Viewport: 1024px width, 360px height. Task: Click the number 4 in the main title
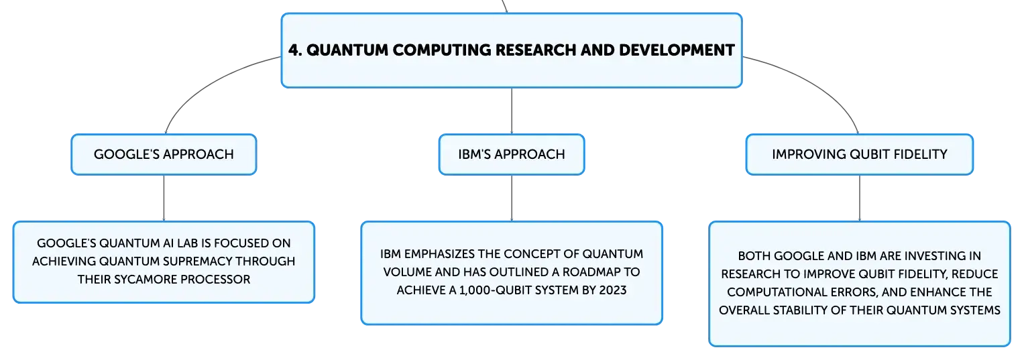tap(294, 50)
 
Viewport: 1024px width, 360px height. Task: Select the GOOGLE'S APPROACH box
tap(164, 154)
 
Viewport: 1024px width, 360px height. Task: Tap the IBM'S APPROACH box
tap(512, 154)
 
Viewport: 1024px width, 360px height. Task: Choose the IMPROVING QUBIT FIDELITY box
tap(860, 154)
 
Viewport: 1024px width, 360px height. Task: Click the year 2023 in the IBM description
tap(612, 290)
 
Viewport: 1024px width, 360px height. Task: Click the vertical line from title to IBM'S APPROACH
tap(512, 111)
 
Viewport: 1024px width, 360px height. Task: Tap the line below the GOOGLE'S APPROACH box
tap(164, 198)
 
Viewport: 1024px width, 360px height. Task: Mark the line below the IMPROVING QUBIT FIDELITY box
tap(860, 198)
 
